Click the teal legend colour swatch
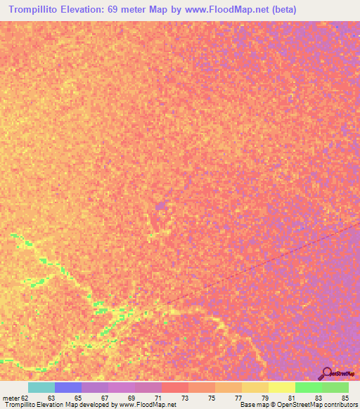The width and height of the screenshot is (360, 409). (41, 387)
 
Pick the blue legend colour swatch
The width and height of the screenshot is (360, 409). (67, 387)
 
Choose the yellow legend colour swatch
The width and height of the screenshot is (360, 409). (281, 387)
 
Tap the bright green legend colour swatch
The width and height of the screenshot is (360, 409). (308, 387)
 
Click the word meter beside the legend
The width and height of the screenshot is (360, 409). (11, 397)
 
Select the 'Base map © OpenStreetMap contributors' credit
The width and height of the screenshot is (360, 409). (297, 405)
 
